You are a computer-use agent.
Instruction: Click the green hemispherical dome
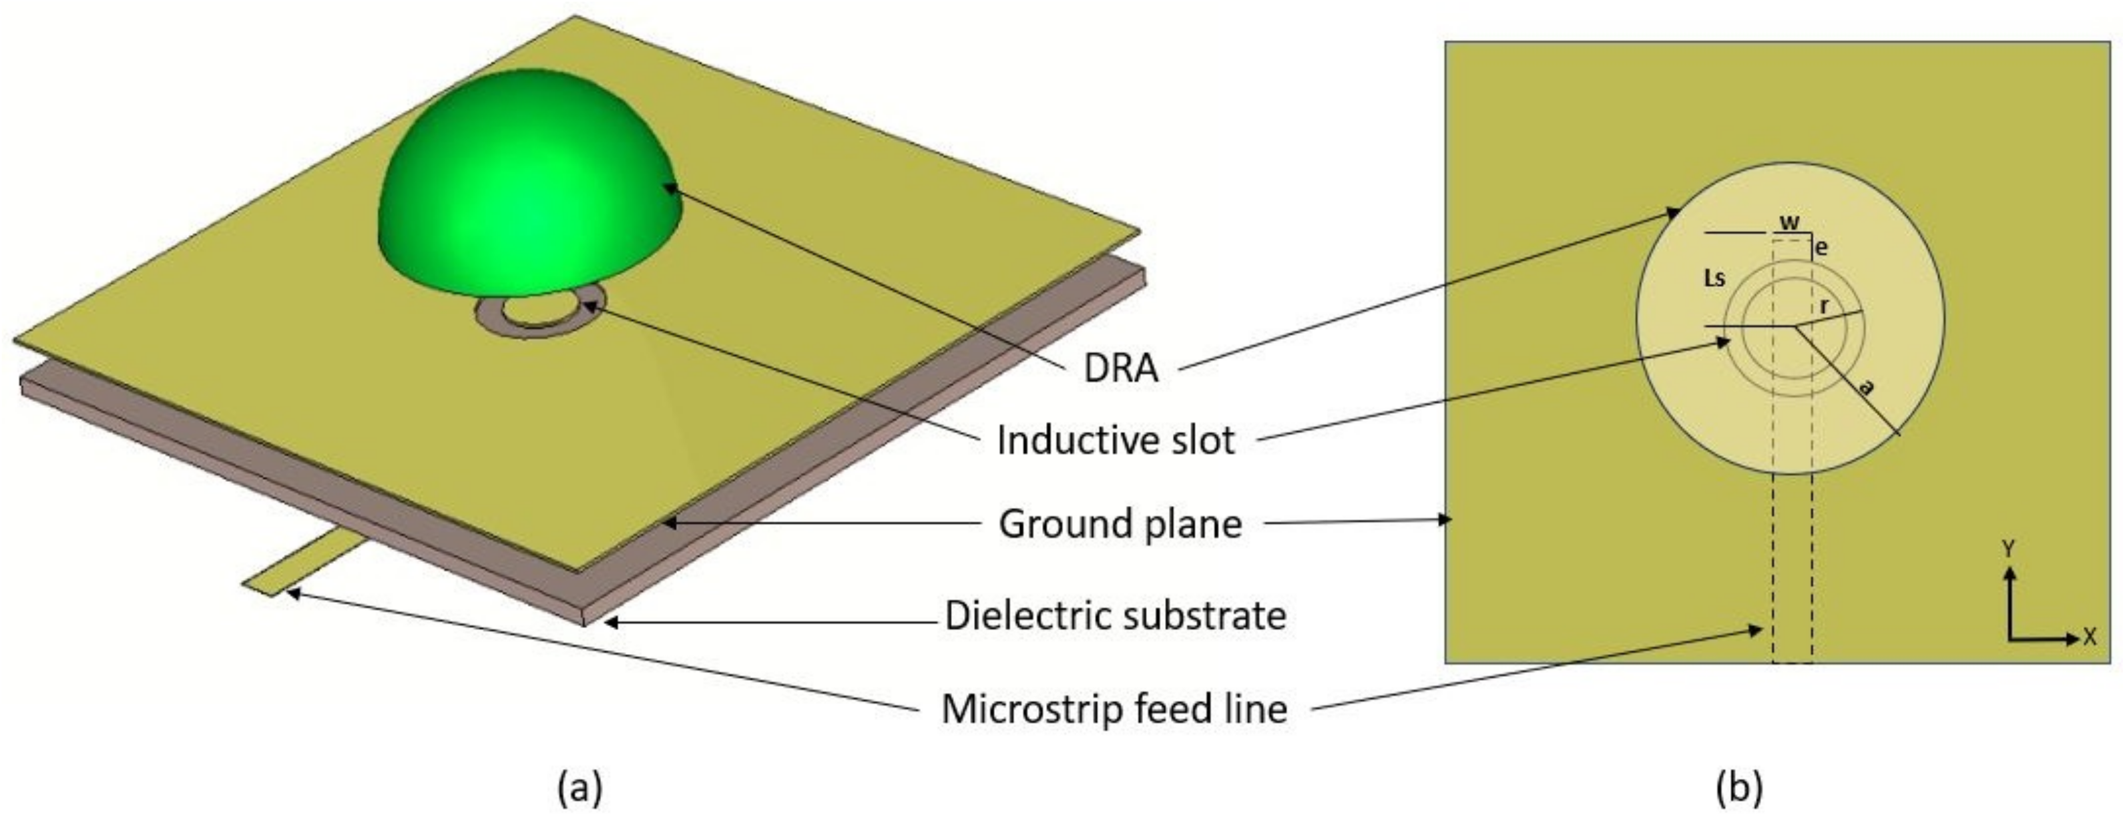click(527, 182)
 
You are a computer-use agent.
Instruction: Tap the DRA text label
click(1121, 368)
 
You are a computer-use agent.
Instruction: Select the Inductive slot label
click(1115, 441)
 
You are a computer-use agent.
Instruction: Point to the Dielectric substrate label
click(1115, 615)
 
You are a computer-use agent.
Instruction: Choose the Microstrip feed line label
click(1114, 709)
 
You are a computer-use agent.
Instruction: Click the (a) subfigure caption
click(580, 786)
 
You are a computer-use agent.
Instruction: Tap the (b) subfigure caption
click(1739, 786)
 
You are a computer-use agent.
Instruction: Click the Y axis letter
click(2010, 549)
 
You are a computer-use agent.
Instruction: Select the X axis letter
click(2089, 636)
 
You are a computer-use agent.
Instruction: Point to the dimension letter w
click(1789, 222)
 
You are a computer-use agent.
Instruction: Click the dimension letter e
click(1822, 246)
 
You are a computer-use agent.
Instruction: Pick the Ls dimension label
click(1714, 278)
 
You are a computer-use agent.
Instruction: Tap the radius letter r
click(1825, 306)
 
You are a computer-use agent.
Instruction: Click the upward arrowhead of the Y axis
click(2010, 573)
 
